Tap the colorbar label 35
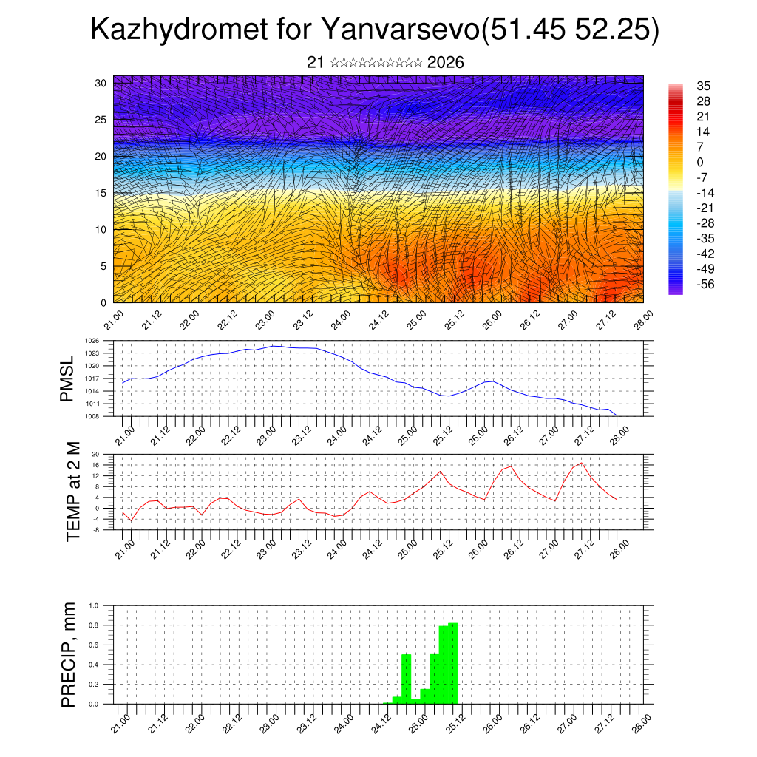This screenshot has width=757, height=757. click(x=703, y=86)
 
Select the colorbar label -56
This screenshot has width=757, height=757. click(x=705, y=284)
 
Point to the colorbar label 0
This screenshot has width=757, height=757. click(x=699, y=162)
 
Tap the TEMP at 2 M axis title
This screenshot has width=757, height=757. click(x=72, y=491)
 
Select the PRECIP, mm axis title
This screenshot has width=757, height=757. click(x=69, y=654)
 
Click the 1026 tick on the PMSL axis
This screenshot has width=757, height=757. click(x=92, y=341)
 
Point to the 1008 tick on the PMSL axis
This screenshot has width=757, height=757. click(x=92, y=416)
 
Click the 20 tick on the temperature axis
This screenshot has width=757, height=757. click(x=95, y=454)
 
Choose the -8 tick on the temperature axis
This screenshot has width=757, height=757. click(x=95, y=530)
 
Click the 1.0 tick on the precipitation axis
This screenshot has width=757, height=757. click(x=94, y=605)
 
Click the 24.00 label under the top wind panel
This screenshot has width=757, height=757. click(x=342, y=320)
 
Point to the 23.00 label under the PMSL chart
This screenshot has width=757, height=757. click(x=265, y=434)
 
